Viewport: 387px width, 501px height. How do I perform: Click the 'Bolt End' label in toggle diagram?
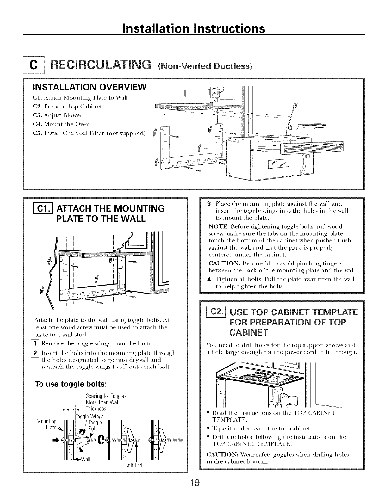(134, 465)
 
